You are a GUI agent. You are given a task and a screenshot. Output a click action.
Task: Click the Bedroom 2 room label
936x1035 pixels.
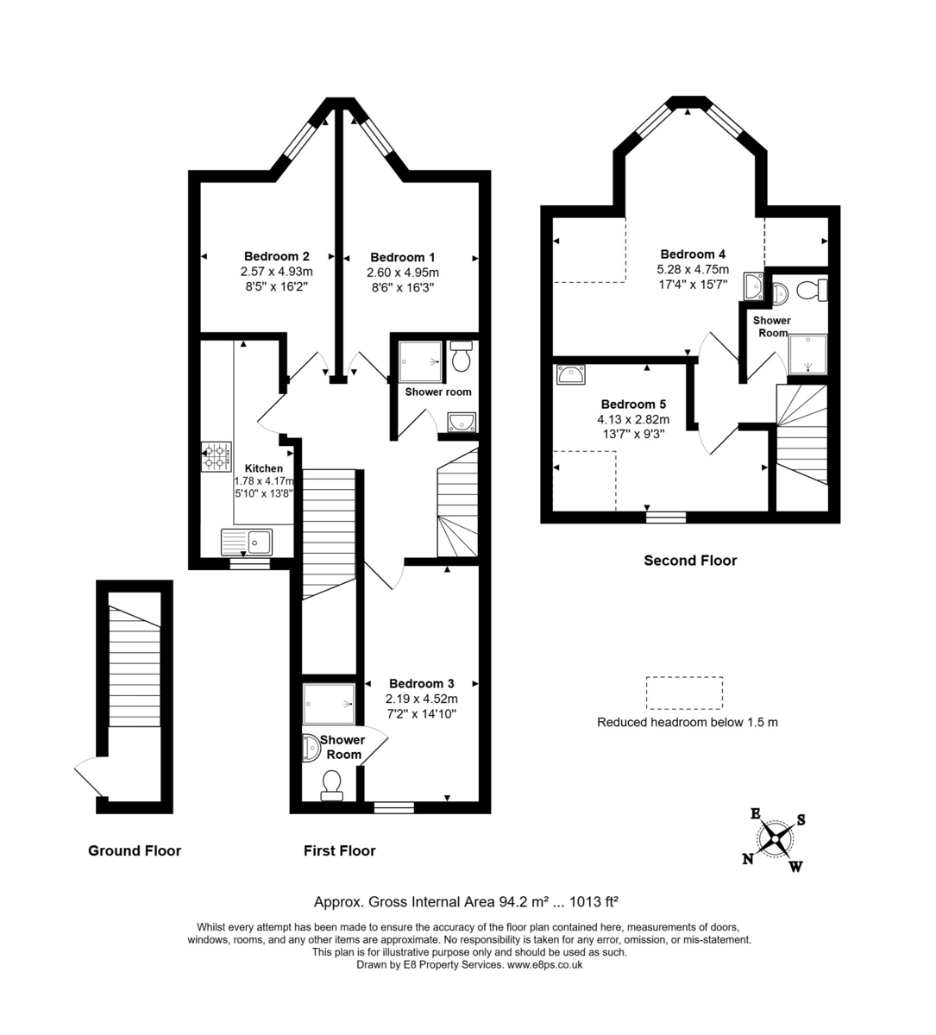(x=276, y=256)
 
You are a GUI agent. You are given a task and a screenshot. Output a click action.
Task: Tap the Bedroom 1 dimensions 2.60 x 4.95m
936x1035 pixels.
(x=403, y=272)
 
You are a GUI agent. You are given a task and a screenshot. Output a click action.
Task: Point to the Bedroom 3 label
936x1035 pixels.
(x=422, y=683)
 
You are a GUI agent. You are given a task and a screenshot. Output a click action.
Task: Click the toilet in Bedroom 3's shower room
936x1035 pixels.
(x=330, y=784)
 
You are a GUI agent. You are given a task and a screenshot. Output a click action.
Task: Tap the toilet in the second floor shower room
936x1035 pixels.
(x=812, y=290)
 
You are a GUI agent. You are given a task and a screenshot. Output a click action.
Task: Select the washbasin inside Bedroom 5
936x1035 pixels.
(x=571, y=375)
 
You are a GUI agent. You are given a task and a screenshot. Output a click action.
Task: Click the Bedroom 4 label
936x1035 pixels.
(x=693, y=254)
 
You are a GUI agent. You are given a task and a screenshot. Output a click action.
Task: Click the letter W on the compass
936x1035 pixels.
(x=795, y=866)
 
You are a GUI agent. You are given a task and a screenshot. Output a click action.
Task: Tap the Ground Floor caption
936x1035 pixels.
(x=135, y=851)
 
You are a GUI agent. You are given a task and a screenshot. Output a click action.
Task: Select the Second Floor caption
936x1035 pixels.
(x=690, y=561)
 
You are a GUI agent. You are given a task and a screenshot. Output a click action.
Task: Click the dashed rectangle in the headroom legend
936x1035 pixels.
(x=684, y=693)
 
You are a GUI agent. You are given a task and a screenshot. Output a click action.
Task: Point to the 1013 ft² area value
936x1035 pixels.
(x=590, y=903)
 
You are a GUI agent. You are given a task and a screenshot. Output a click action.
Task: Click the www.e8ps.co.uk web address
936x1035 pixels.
(x=544, y=965)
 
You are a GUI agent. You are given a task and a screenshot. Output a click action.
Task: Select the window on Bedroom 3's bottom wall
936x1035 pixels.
(x=394, y=808)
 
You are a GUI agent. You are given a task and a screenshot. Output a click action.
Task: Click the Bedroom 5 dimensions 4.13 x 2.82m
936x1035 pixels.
(x=633, y=419)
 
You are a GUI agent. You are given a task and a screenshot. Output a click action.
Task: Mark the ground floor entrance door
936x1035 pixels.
(x=90, y=775)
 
